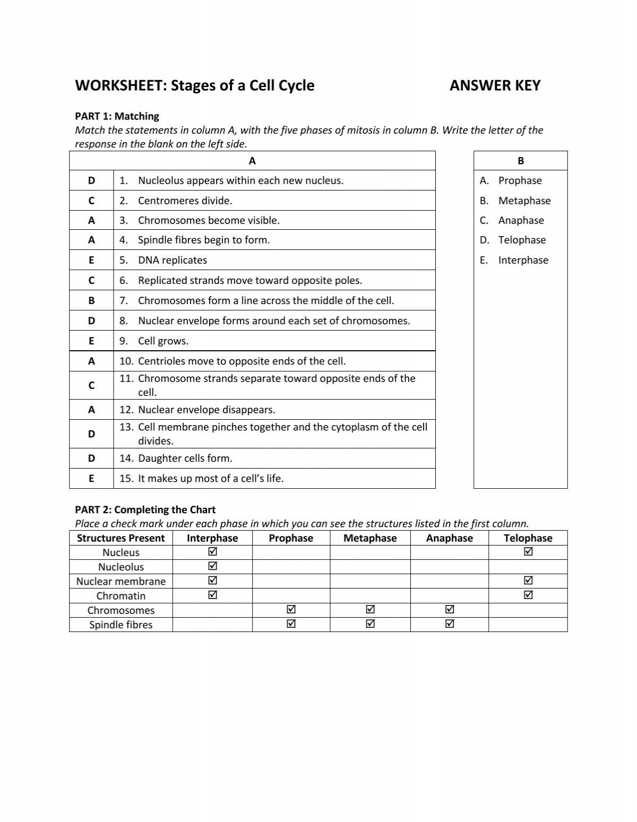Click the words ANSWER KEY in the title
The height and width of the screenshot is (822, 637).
pos(495,85)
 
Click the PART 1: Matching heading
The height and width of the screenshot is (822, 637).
pos(117,116)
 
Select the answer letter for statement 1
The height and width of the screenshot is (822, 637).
pos(91,180)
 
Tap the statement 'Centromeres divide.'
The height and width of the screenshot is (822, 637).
pos(185,201)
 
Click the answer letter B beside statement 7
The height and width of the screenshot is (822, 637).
pos(91,300)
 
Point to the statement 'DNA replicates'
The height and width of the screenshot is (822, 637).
pos(172,260)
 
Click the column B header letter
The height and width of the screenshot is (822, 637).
pos(520,161)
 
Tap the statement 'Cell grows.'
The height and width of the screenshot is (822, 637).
pos(163,341)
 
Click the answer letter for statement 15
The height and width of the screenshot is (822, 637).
pos(91,478)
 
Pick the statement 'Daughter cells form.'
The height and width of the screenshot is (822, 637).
pos(185,458)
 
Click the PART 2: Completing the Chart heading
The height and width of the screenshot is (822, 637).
pos(145,509)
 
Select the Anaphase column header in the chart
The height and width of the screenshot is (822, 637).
pos(449,538)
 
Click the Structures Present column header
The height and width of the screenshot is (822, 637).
pos(121,538)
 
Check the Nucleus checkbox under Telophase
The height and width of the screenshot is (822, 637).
pos(528,552)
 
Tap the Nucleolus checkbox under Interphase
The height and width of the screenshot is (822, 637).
pos(212,566)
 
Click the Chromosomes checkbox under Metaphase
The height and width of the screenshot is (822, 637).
pos(370,610)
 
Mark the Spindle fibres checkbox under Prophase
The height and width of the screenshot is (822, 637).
pos(291,624)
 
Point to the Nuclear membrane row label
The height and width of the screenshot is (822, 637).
pos(121,581)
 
